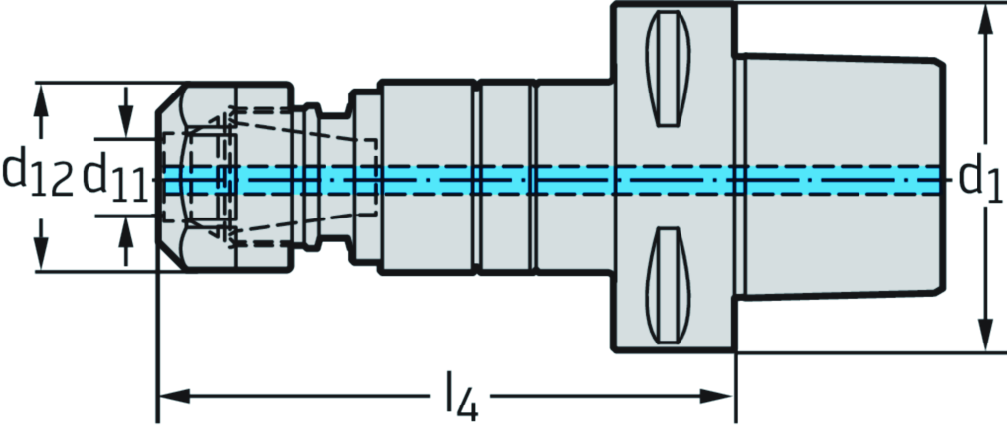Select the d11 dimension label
114,175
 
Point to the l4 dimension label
459,397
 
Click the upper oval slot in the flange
669,84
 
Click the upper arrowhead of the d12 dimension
39,94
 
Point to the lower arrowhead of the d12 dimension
39,258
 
